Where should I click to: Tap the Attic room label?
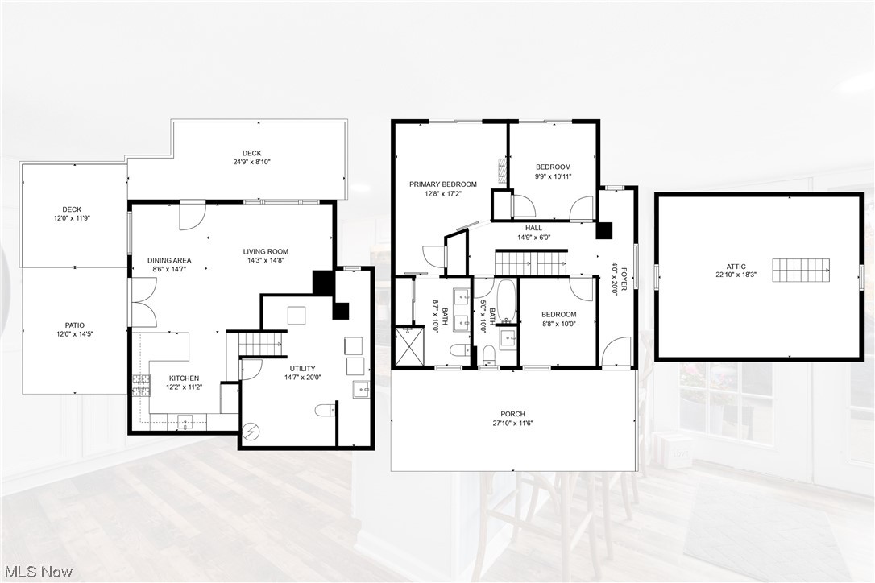[x=736, y=267]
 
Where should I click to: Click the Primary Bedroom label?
[x=442, y=184]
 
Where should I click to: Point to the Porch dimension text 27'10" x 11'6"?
[x=512, y=423]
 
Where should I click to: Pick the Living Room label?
[x=266, y=252]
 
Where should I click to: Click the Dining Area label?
[x=169, y=260]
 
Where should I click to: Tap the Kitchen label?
[x=184, y=378]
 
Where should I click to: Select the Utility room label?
[x=303, y=368]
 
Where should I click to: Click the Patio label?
[x=69, y=325]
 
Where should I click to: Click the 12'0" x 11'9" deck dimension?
[x=72, y=218]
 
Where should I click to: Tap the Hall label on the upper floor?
[x=533, y=228]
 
